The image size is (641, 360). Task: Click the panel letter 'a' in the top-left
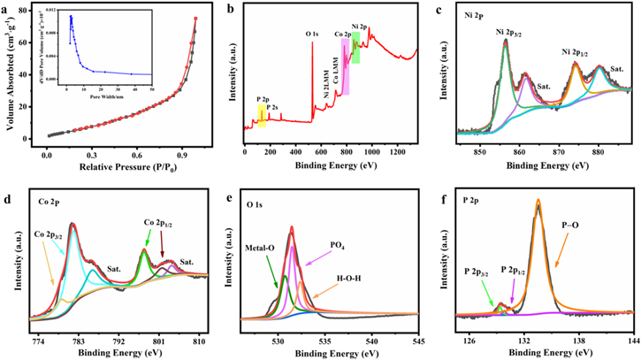tap(9, 9)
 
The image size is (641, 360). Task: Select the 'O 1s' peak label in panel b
tap(314, 34)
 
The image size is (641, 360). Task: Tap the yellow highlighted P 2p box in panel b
tap(262, 115)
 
